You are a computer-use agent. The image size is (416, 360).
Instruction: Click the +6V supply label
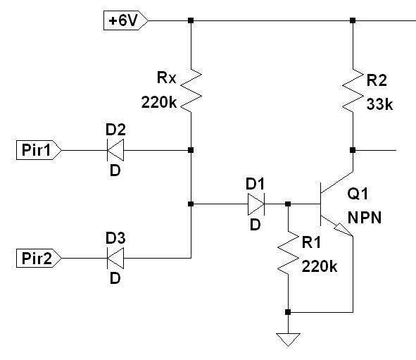point(126,20)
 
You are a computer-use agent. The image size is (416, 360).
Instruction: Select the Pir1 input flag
point(39,150)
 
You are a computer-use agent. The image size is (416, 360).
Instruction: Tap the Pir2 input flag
point(39,258)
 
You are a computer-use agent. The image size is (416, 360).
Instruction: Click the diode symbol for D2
point(115,150)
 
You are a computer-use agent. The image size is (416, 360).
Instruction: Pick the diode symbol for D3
point(115,258)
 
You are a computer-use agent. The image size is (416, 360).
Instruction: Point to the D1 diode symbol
point(256,204)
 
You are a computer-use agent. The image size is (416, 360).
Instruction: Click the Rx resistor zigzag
point(191,91)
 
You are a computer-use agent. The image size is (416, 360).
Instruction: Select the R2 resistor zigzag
point(353,91)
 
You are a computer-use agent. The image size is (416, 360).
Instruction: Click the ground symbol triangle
point(288,340)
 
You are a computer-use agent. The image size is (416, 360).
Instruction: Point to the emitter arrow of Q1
point(343,230)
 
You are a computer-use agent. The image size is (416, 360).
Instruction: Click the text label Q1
point(358,193)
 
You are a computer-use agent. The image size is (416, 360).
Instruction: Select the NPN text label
point(365,218)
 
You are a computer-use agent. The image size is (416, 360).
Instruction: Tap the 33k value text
point(379,104)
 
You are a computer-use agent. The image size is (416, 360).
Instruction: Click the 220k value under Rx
point(159,102)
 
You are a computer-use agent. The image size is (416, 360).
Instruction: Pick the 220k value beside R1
point(320,266)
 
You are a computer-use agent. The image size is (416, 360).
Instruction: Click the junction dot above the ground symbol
point(288,312)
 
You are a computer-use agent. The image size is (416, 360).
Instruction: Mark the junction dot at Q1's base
point(288,204)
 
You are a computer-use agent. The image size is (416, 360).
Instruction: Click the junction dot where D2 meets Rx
point(191,150)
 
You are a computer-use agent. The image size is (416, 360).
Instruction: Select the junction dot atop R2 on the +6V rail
point(353,20)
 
